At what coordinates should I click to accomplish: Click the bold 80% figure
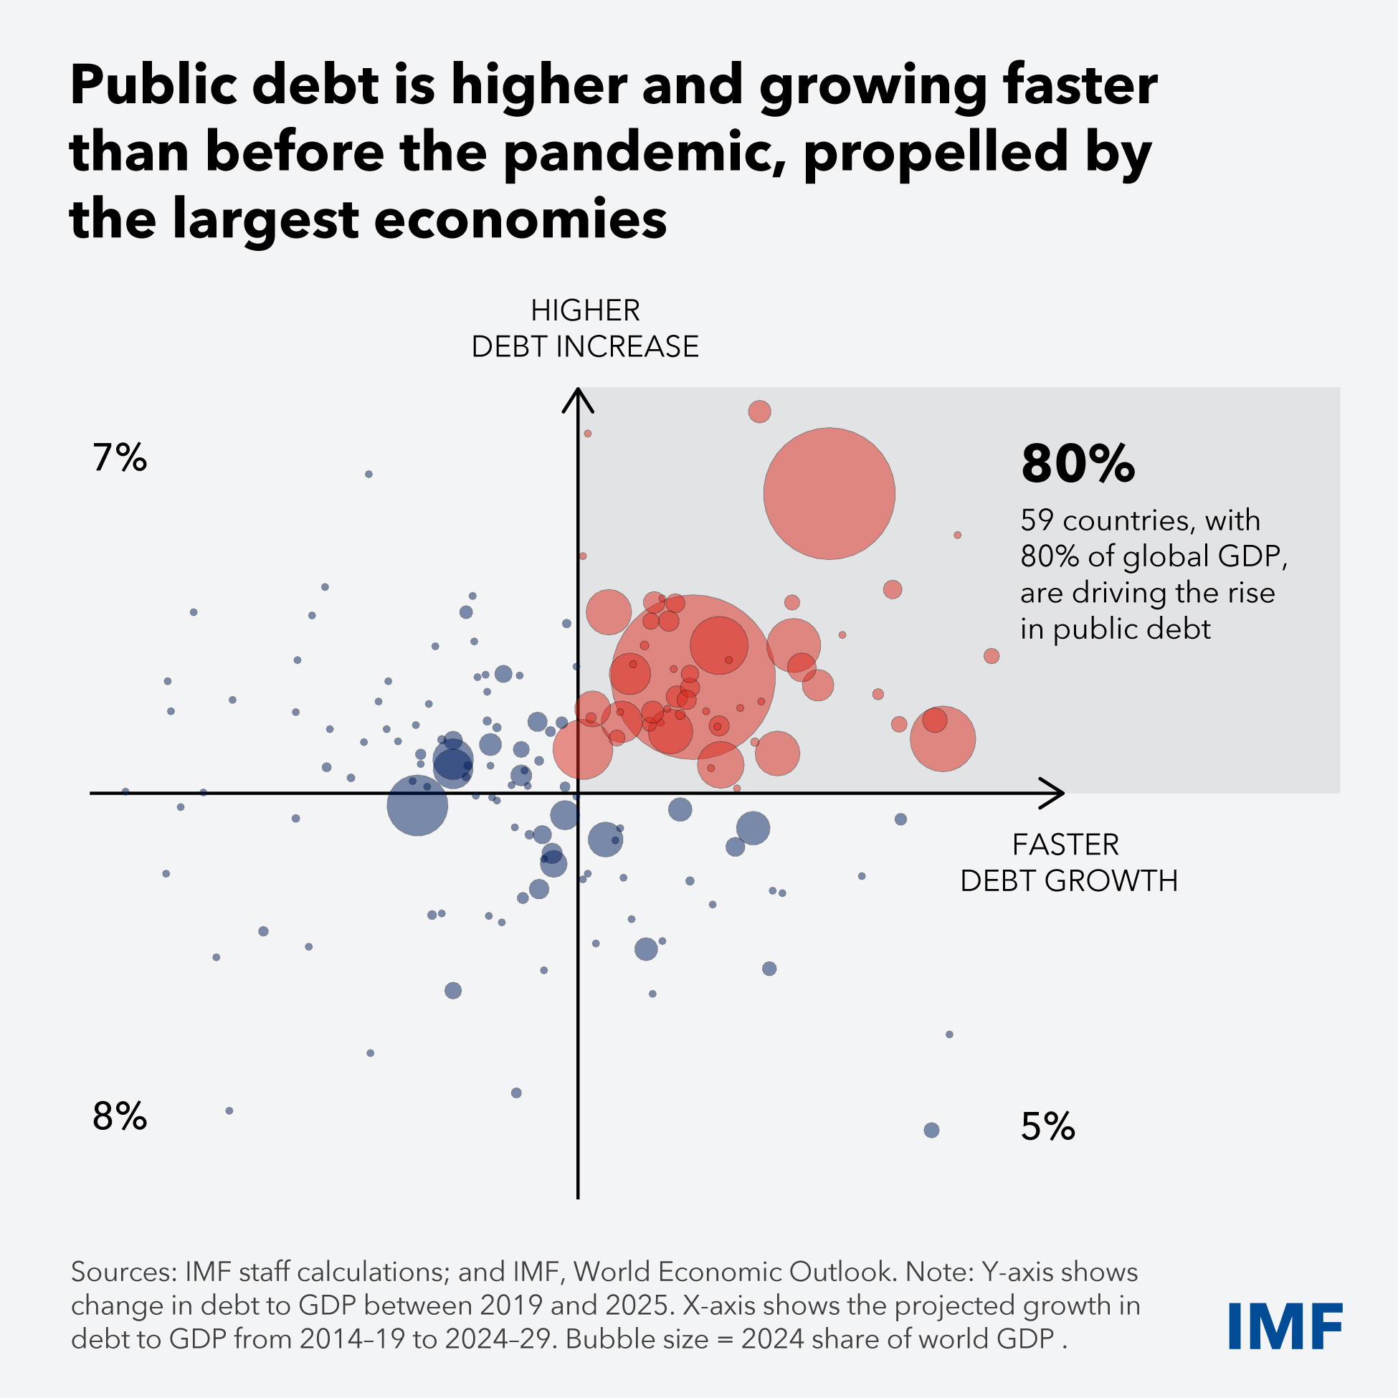(x=1078, y=464)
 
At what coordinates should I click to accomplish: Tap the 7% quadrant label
(x=120, y=458)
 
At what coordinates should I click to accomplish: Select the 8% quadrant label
(x=120, y=1116)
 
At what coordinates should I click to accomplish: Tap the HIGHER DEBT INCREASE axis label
(x=585, y=328)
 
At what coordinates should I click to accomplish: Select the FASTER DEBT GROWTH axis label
(x=1068, y=862)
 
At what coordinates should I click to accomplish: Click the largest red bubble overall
(x=693, y=677)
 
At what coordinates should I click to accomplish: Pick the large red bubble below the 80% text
(x=829, y=493)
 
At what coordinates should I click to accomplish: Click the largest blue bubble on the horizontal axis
(x=417, y=805)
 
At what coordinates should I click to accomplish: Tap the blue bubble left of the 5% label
(x=931, y=1131)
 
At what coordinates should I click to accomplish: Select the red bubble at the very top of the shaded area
(x=759, y=412)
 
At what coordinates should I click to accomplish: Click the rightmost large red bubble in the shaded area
(x=942, y=739)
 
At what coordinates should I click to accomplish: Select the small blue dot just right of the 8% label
(x=229, y=1111)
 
